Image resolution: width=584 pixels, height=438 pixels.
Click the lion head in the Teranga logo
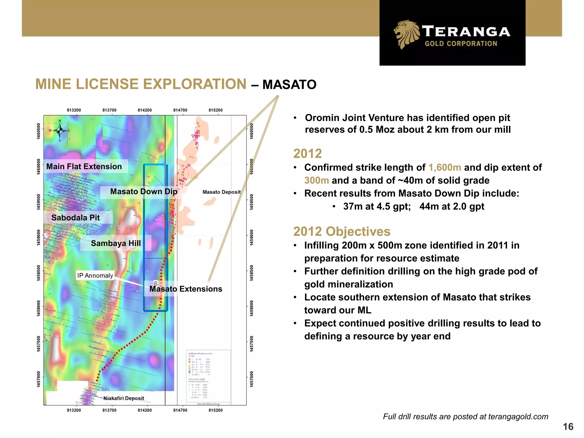pyautogui.click(x=406, y=34)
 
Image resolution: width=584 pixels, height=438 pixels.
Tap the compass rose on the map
pyautogui.click(x=60, y=131)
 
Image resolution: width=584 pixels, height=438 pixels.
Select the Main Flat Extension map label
pyautogui.click(x=84, y=167)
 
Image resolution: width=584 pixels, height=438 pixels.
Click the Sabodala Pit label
pyautogui.click(x=76, y=218)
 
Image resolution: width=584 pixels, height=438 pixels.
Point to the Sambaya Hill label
pyautogui.click(x=115, y=243)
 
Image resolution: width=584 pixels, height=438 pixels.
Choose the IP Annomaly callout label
pyautogui.click(x=95, y=275)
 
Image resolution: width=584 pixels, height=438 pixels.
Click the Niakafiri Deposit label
pyautogui.click(x=123, y=398)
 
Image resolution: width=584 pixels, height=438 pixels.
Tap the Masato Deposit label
pyautogui.click(x=222, y=192)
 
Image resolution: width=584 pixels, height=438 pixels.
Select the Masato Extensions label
pyautogui.click(x=186, y=289)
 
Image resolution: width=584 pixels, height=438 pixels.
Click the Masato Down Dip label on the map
pyautogui.click(x=144, y=191)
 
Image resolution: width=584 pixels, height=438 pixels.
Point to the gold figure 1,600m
pyautogui.click(x=445, y=167)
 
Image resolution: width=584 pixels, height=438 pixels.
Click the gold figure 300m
pyautogui.click(x=317, y=180)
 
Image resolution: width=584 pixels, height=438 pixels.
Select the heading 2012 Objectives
pyautogui.click(x=342, y=231)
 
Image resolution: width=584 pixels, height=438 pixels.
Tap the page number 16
pyautogui.click(x=568, y=427)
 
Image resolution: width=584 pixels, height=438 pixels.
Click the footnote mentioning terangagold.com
pyautogui.click(x=465, y=417)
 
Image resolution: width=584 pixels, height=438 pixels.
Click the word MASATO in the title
pyautogui.click(x=289, y=85)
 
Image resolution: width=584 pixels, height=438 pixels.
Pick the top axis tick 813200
pyautogui.click(x=74, y=110)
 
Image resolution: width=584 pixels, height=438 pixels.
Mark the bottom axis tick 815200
pyautogui.click(x=216, y=410)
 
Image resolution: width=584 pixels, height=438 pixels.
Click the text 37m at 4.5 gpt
pyautogui.click(x=377, y=206)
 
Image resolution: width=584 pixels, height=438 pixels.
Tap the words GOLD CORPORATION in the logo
pyautogui.click(x=461, y=44)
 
